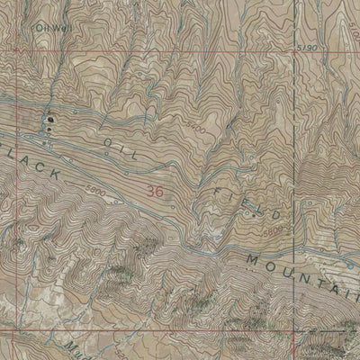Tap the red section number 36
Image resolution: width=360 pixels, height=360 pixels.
[x=156, y=191]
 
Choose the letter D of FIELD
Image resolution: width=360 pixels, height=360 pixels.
[x=284, y=220]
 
